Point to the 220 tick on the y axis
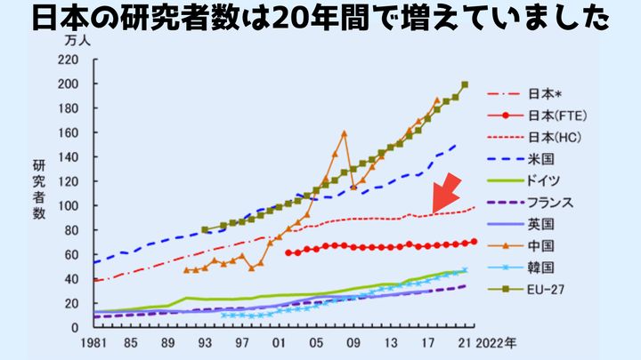pyautogui.click(x=68, y=60)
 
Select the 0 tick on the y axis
pyautogui.click(x=76, y=327)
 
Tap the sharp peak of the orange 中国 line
pyautogui.click(x=344, y=133)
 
